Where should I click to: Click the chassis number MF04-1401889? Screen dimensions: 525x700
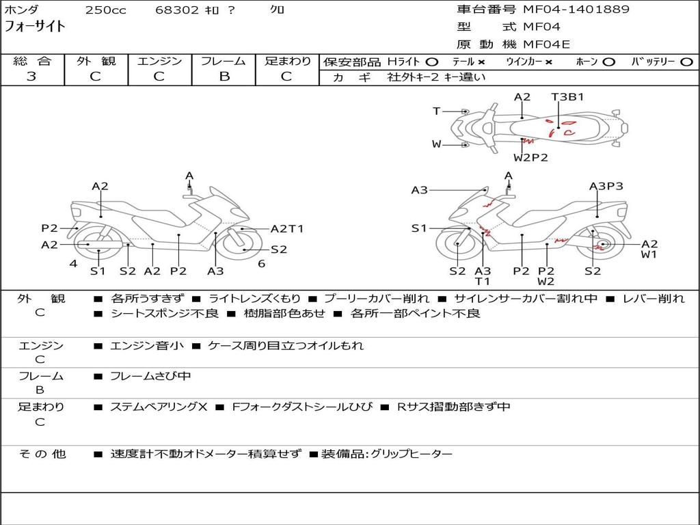[576, 10]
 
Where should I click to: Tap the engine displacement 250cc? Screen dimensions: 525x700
[105, 10]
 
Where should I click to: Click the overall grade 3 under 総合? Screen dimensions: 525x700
[31, 77]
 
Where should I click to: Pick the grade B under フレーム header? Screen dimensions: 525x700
[224, 77]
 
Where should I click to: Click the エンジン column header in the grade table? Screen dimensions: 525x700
[159, 62]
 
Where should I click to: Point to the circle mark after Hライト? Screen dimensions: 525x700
[432, 62]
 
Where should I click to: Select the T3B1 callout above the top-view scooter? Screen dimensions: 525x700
[567, 97]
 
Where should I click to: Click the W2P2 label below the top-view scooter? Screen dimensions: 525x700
[531, 157]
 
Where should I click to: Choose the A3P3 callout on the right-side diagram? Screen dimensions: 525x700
[606, 186]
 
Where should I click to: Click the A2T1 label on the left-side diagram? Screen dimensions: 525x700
[287, 229]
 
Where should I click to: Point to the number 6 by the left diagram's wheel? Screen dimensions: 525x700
[261, 264]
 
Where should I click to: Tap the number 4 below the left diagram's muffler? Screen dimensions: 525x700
[73, 264]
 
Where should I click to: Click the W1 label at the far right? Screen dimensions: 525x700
[649, 255]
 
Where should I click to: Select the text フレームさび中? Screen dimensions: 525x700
[150, 376]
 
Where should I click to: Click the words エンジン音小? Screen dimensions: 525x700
[147, 346]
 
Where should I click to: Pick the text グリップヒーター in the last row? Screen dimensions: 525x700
[412, 454]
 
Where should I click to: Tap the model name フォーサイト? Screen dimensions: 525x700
[36, 27]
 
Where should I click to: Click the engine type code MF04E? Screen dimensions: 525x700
[546, 44]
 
